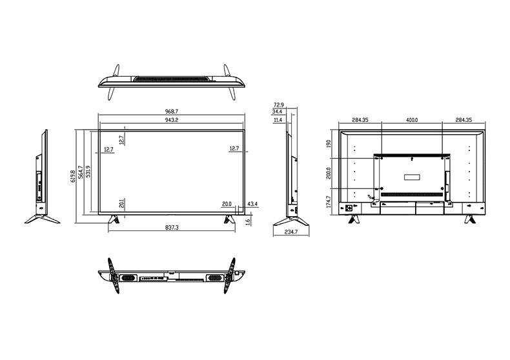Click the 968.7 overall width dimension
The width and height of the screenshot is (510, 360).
click(x=172, y=112)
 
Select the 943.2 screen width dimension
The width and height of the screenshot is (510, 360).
click(x=172, y=120)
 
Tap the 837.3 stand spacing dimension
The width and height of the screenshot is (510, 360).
click(x=172, y=228)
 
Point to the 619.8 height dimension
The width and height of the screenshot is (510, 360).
click(x=73, y=176)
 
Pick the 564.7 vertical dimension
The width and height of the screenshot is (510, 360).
click(x=80, y=172)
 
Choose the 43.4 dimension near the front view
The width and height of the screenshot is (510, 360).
click(x=252, y=204)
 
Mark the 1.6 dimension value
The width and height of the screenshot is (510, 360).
click(x=248, y=222)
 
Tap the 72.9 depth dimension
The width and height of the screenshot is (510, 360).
click(x=279, y=105)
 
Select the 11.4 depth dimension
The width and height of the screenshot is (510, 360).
click(x=278, y=120)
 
